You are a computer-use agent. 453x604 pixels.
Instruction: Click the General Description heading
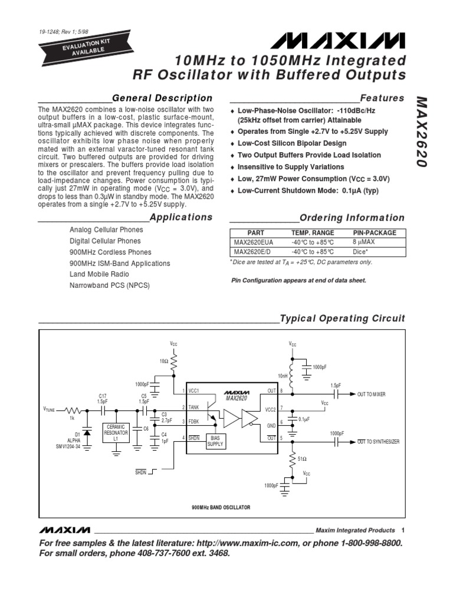162,98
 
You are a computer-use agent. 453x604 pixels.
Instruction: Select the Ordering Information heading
352,218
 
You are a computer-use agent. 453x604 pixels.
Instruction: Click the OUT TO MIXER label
371,394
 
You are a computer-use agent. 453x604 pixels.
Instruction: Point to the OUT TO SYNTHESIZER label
378,442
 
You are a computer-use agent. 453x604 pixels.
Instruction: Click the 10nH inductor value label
283,375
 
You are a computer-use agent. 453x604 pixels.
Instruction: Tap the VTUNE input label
52,408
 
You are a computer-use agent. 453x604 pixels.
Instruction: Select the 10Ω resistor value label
163,359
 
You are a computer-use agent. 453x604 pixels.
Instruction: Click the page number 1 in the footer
402,530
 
